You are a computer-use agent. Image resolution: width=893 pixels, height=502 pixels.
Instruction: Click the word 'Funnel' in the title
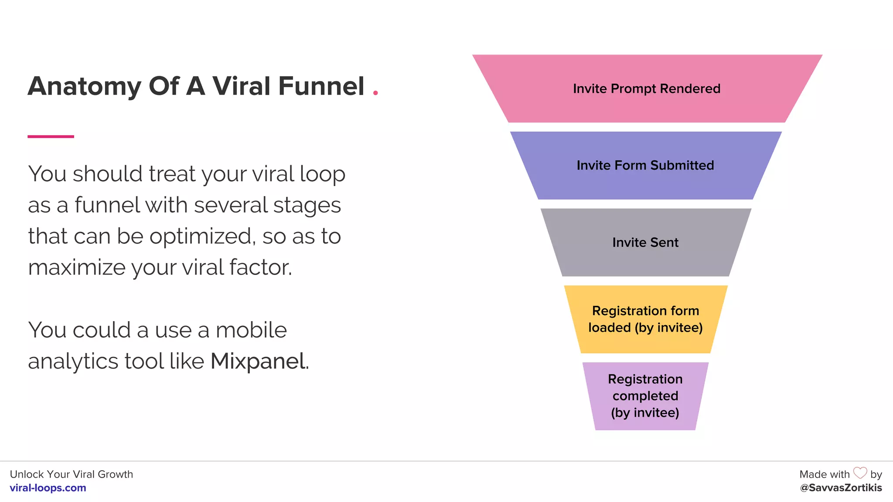click(x=321, y=86)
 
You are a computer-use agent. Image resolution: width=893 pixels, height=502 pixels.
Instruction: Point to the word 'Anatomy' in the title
click(x=85, y=87)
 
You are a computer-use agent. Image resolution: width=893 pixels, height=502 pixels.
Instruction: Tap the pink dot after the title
click(x=375, y=92)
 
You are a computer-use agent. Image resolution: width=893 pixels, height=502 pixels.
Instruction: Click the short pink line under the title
click(x=51, y=136)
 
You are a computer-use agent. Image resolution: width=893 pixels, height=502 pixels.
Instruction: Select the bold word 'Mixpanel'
click(x=258, y=361)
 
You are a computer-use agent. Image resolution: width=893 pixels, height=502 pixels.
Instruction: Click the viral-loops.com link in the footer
click(x=48, y=488)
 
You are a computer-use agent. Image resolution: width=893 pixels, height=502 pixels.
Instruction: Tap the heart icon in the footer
click(x=860, y=473)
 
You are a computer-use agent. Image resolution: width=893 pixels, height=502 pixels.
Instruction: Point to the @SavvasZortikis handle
click(x=841, y=488)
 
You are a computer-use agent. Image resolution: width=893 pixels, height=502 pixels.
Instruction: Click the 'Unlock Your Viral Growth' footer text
click(x=72, y=474)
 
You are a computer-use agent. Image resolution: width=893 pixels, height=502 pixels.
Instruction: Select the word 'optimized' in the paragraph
click(x=202, y=237)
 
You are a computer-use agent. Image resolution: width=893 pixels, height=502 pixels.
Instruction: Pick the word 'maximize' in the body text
click(x=77, y=268)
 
